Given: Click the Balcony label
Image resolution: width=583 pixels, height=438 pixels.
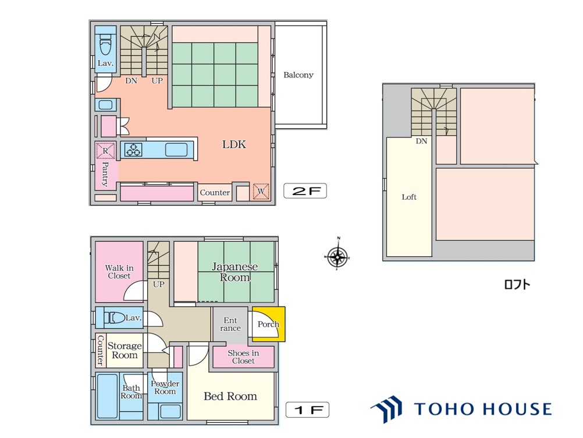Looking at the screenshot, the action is pos(298,75).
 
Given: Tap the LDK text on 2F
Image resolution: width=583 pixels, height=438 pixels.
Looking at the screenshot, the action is pos(234,144).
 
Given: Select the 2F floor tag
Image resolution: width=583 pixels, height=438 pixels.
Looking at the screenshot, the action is pos(305,191).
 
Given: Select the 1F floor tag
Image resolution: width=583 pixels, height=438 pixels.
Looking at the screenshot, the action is pos(307,409).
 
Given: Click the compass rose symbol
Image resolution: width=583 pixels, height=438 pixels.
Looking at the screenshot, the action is pos(337,256).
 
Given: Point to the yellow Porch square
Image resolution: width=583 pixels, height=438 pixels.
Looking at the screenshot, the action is pos(268,324).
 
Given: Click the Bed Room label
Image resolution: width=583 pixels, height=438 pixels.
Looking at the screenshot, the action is pos(230,396).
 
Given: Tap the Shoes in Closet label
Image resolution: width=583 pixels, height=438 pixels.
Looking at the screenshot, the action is pos(243,357).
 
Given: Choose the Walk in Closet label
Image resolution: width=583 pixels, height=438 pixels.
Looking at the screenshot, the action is pos(119,271).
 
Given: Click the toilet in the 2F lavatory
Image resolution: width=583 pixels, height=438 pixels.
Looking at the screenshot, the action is pos(106,44).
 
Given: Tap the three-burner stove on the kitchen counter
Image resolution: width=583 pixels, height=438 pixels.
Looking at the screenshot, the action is pos(133,150).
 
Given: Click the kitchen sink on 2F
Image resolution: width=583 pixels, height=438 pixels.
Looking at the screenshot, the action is pos(176,150).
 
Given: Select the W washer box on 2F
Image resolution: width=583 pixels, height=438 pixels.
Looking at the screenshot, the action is pos(261,191).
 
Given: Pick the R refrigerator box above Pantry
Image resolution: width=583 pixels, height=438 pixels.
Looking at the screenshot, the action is pos(105,151).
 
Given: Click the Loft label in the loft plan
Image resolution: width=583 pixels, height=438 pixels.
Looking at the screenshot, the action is pos(409,197).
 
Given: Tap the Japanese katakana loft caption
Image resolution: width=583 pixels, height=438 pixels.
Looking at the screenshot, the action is pos(517,285).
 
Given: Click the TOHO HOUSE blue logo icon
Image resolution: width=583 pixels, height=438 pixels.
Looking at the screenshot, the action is pos(387,409).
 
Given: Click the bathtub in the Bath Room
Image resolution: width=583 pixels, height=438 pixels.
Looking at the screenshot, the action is pos(107,396).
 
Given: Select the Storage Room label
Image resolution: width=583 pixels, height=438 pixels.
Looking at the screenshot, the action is pos(125,351).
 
